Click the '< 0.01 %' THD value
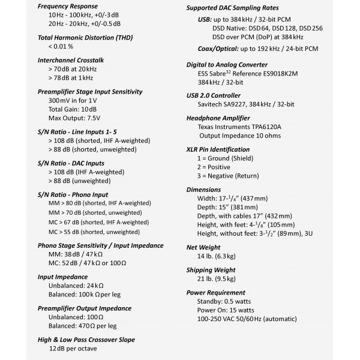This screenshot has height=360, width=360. click(x=61, y=46)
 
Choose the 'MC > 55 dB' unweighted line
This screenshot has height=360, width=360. click(x=93, y=232)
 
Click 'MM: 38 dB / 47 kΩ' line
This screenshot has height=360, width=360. click(x=76, y=254)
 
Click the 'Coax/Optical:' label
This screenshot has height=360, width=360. click(x=218, y=49)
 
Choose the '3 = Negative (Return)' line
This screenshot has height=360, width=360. click(x=236, y=176)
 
